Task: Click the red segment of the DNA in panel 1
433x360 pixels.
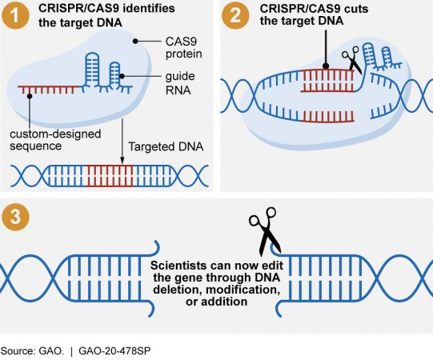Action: (x=112, y=174)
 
